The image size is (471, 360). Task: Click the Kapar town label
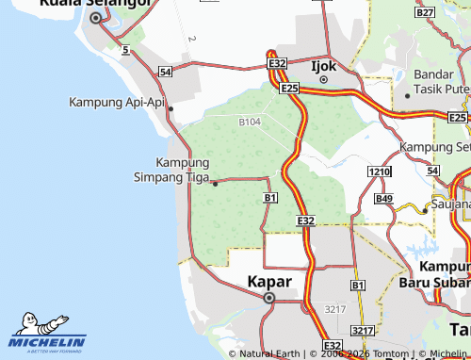click(x=268, y=281)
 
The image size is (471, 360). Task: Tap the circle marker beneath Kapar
click(x=268, y=299)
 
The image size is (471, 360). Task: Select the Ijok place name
click(x=323, y=66)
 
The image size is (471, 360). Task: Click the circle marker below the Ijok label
click(x=323, y=80)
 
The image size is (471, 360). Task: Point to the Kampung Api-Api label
click(x=116, y=102)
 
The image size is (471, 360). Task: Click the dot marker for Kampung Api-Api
click(x=171, y=108)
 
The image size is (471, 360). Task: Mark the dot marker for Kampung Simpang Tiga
click(x=216, y=183)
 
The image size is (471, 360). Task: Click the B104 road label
click(x=250, y=123)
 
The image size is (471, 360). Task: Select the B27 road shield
click(x=425, y=13)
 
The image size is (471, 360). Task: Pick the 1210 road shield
click(x=379, y=172)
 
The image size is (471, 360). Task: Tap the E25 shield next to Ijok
click(x=289, y=89)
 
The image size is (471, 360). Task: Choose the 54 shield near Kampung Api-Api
click(x=166, y=72)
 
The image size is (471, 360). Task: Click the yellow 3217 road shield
click(x=362, y=332)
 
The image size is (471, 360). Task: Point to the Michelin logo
click(x=47, y=333)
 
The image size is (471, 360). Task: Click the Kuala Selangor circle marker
click(x=95, y=18)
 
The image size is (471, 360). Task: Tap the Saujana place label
click(x=450, y=204)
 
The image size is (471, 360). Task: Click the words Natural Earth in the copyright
click(x=269, y=353)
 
